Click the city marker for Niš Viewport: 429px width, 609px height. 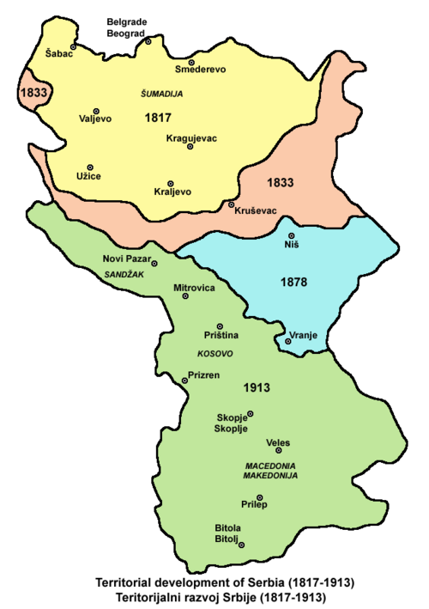(291, 235)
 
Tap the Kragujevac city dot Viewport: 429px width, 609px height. (190, 146)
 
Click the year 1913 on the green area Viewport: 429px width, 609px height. (257, 387)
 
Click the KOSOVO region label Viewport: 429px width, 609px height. (216, 353)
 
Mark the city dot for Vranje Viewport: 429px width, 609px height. (288, 342)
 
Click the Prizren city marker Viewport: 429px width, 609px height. (182, 381)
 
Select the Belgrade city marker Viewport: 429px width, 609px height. (148, 40)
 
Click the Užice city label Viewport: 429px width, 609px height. (88, 176)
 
